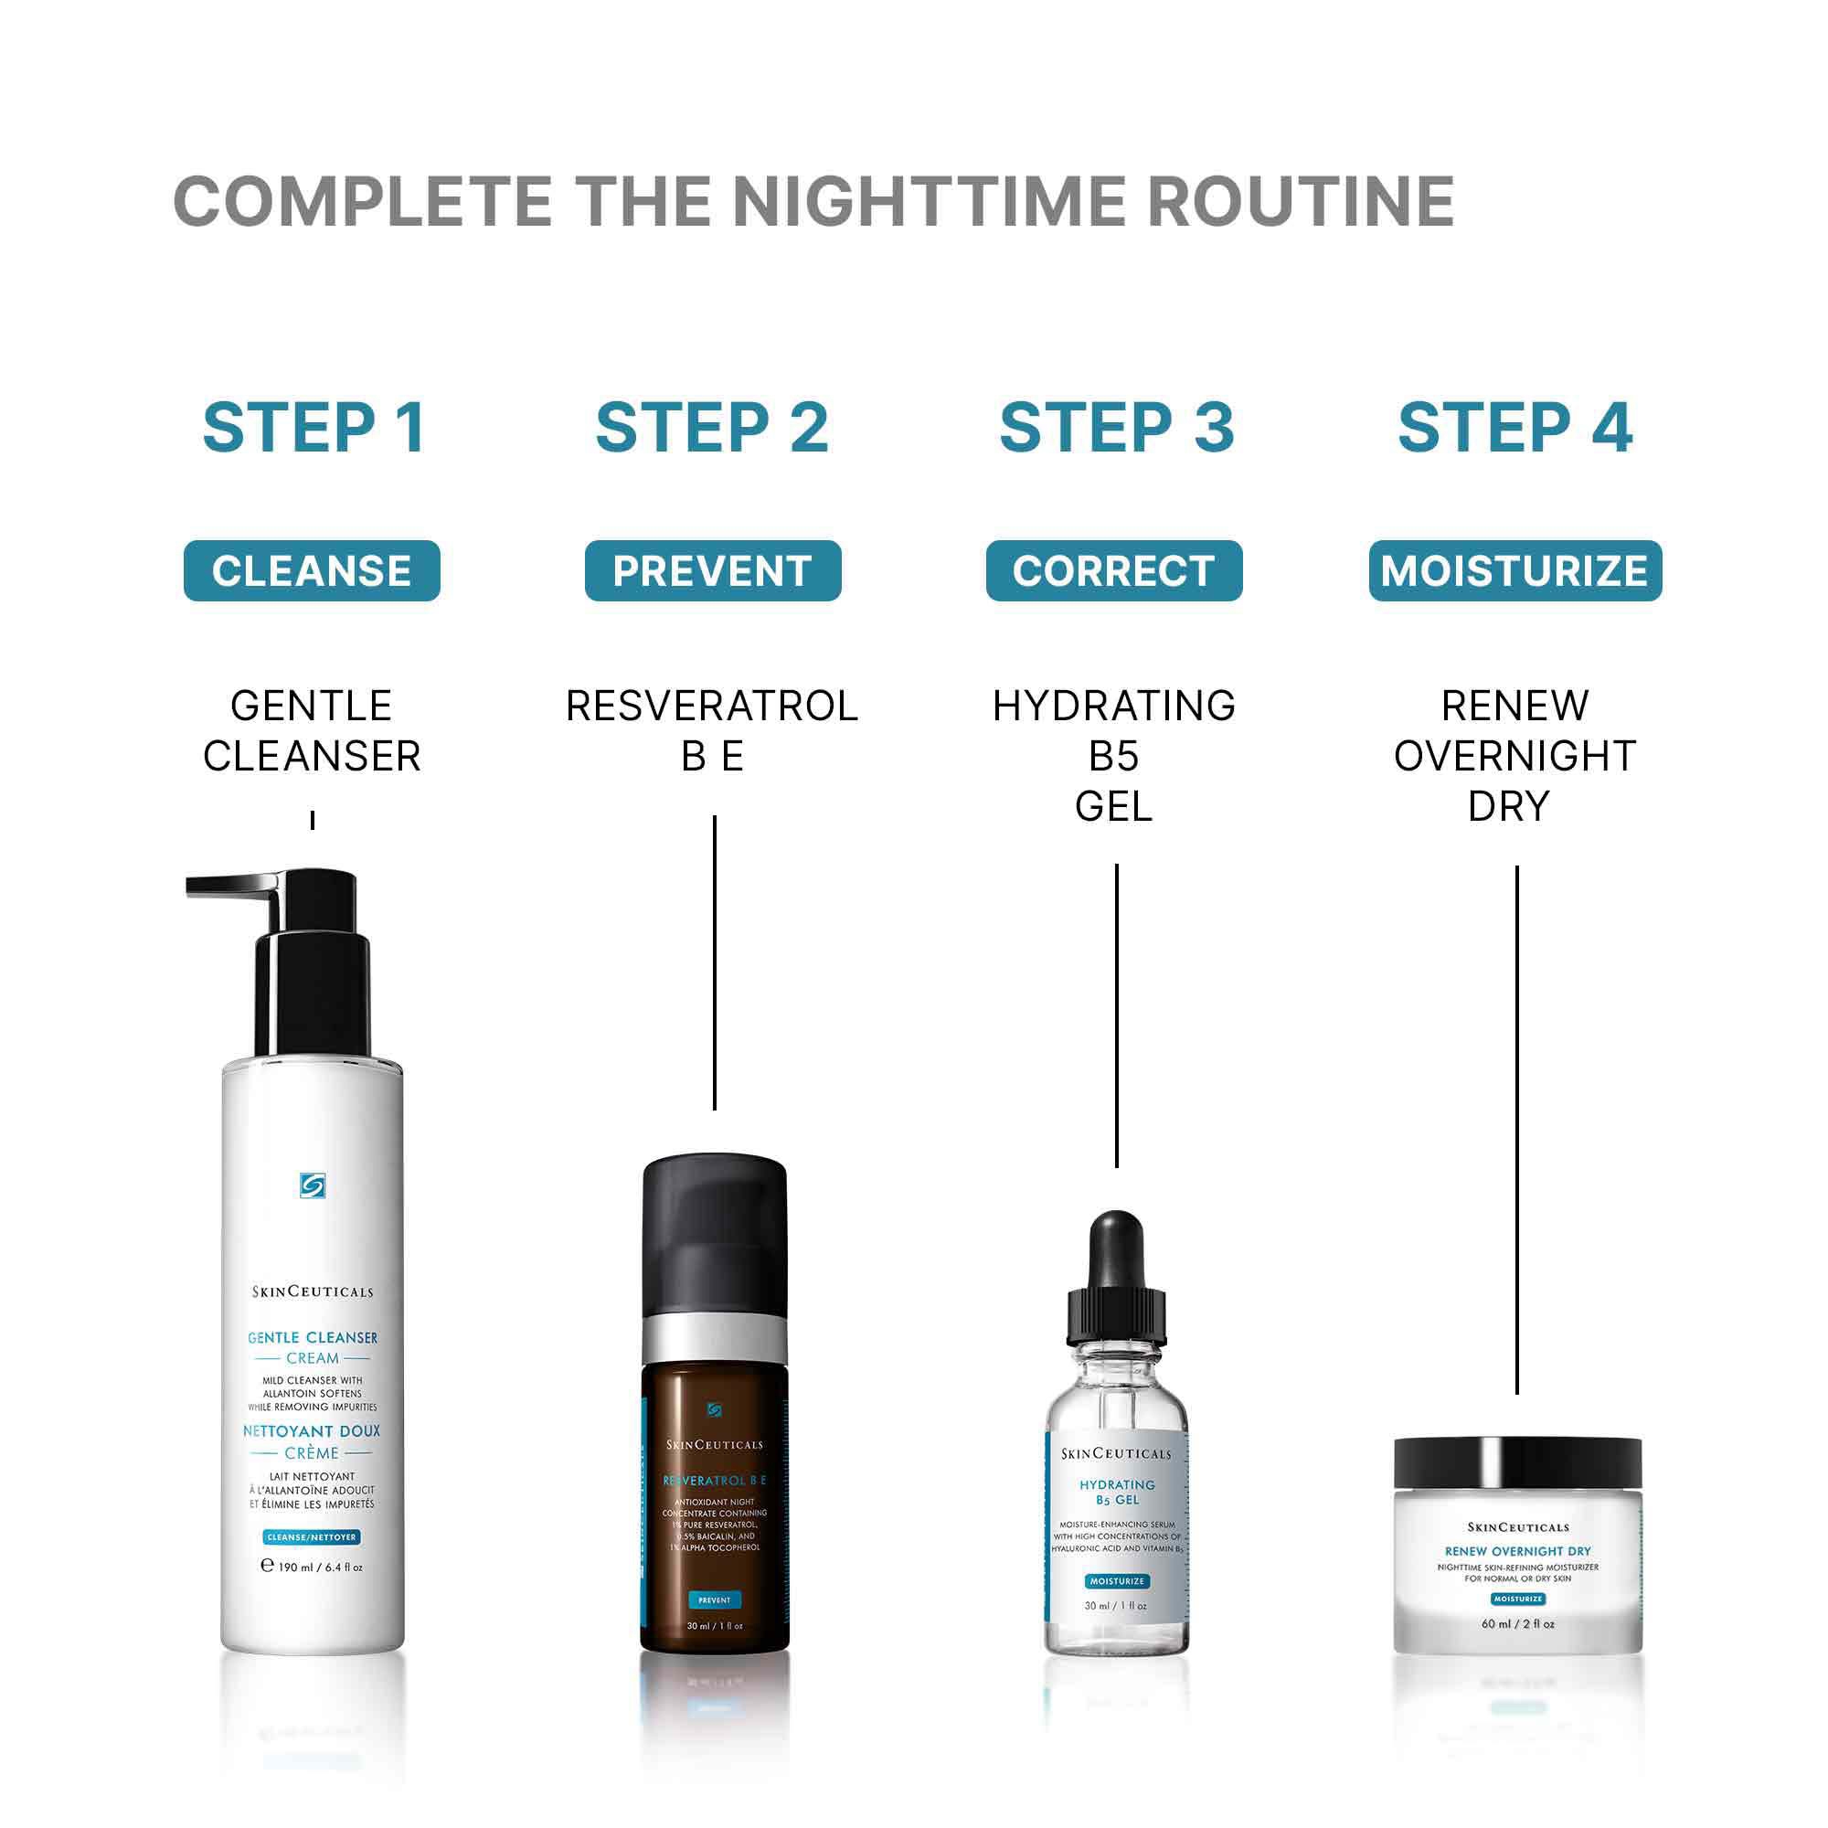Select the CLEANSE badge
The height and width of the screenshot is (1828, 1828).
tap(312, 570)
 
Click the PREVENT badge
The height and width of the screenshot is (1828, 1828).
tap(713, 570)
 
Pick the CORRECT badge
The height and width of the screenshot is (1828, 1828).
tap(1113, 570)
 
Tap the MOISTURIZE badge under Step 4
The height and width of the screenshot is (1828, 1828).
tap(1514, 570)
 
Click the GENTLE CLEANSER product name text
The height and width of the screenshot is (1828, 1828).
tap(312, 730)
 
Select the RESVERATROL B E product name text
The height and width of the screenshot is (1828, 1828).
tap(713, 730)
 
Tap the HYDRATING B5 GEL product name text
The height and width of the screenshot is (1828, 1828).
tap(1113, 755)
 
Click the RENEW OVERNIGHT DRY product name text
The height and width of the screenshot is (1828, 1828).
tap(1514, 755)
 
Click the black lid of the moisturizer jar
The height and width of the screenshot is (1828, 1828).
tap(1517, 1461)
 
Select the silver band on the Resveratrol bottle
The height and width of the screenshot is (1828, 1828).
tap(715, 1338)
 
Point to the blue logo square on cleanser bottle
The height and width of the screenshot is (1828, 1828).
tap(313, 1185)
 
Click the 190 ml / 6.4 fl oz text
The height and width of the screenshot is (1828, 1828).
tap(313, 1567)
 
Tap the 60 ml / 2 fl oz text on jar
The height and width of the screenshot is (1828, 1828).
tap(1517, 1623)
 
